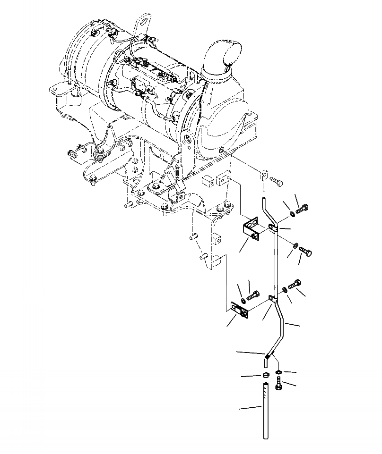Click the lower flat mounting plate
240,311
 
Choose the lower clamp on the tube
273,299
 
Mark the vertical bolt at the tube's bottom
278,386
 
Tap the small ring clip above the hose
266,375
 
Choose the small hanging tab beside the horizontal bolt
263,176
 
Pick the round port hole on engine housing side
222,151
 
